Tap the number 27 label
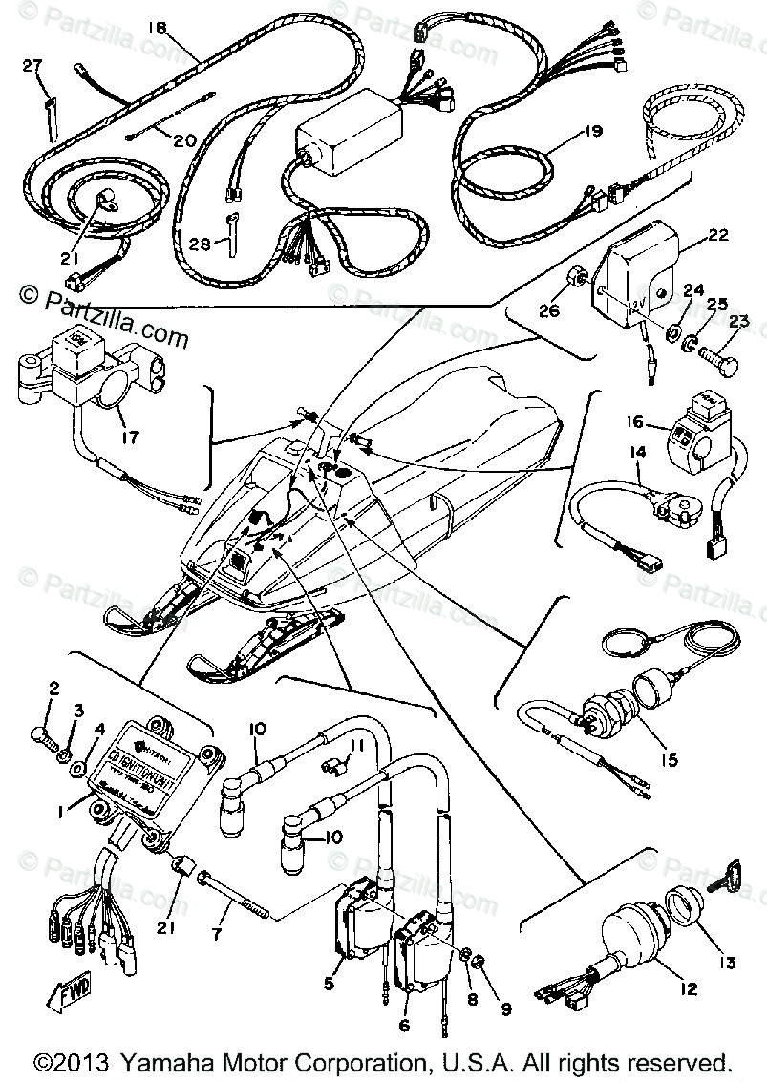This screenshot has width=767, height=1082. coord(32,65)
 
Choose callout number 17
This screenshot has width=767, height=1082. coord(130,438)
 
